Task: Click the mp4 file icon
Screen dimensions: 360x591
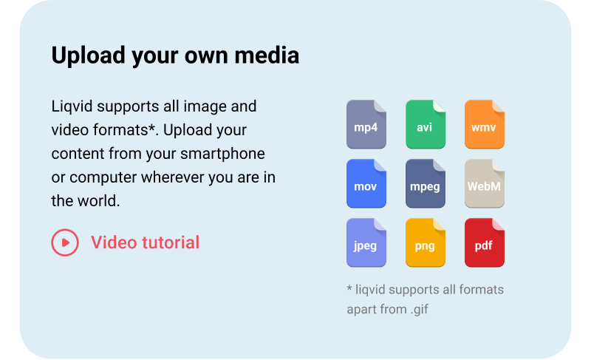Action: click(366, 124)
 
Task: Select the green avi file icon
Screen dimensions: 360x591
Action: click(425, 124)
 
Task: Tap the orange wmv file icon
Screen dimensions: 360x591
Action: click(484, 124)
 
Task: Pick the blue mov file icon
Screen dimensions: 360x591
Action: click(366, 183)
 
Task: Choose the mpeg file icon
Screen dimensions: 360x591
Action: click(425, 183)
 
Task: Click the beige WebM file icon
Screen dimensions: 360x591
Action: click(484, 183)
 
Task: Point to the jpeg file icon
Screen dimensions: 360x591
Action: click(366, 242)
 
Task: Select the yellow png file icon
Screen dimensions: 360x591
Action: click(425, 242)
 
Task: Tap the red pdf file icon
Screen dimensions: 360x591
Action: click(484, 242)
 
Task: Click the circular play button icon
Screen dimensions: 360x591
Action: click(65, 242)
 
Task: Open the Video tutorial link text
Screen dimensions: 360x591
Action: click(145, 242)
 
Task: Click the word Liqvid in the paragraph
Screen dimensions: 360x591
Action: click(72, 106)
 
